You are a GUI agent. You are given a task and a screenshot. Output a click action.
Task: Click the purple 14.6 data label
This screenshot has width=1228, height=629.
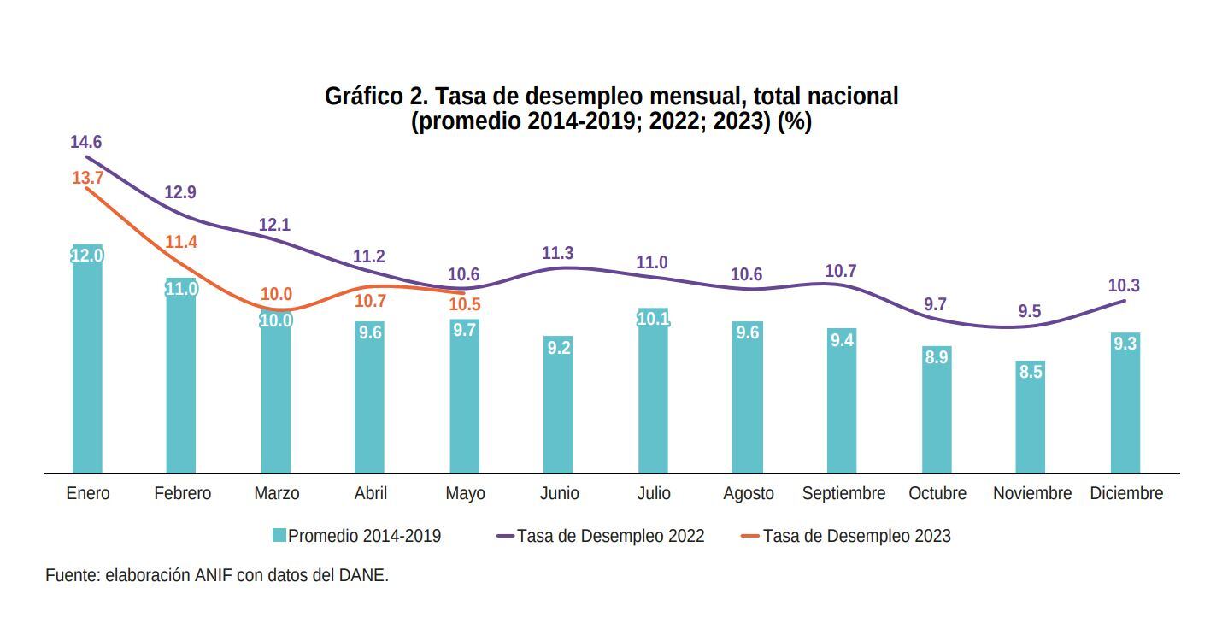(x=85, y=142)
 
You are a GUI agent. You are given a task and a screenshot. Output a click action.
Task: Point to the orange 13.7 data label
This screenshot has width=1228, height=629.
(x=87, y=178)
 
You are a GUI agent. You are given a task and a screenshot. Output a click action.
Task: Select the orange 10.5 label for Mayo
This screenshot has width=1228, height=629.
(x=464, y=304)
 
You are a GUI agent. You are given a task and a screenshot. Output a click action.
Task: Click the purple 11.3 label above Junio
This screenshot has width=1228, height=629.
(x=558, y=253)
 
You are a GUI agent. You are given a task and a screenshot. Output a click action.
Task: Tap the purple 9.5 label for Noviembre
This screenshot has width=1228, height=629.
(x=1030, y=311)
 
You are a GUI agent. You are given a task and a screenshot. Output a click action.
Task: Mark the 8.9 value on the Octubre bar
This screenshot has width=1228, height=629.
(x=937, y=357)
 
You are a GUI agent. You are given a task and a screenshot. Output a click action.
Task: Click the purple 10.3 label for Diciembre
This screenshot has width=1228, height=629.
(x=1125, y=285)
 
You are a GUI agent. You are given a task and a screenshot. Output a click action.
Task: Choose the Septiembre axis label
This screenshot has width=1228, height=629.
(x=843, y=494)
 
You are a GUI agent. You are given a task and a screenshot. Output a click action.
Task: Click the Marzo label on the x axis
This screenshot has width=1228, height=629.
(x=276, y=494)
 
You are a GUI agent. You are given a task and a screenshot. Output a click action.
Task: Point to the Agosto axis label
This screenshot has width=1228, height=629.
(x=748, y=494)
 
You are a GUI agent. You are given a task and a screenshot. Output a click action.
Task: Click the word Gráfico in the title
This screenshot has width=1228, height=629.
(x=359, y=97)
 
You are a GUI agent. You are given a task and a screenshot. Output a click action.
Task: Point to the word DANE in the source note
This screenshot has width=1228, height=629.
(x=364, y=575)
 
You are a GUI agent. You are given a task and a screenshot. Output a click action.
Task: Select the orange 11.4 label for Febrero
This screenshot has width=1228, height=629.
(x=181, y=242)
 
